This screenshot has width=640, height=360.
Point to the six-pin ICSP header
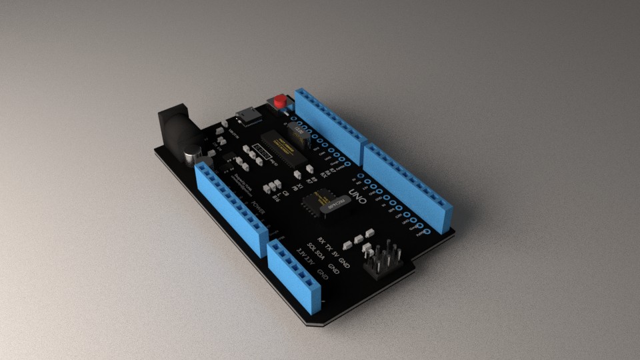pos(383,261)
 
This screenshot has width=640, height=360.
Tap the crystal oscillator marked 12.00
pos(299,134)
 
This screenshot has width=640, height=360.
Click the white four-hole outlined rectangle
pos(264,154)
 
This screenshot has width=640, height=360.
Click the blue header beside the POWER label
pos(231,206)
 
